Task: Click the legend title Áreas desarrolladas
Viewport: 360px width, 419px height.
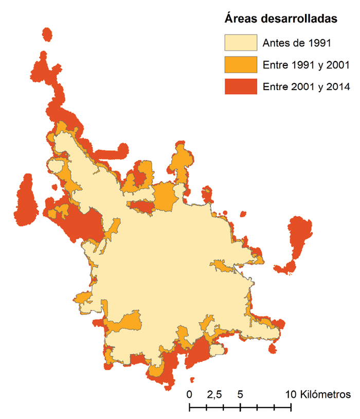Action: tap(281, 19)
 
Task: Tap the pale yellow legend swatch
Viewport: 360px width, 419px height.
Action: tap(240, 42)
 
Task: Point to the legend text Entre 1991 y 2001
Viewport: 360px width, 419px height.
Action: tap(306, 65)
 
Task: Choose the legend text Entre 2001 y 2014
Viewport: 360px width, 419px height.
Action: tap(306, 87)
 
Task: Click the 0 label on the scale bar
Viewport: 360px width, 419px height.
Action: tap(190, 395)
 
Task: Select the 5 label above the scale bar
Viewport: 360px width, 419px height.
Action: tap(240, 395)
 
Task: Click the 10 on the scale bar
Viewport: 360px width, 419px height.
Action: tap(291, 395)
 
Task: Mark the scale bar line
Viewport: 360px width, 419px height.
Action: tap(240, 408)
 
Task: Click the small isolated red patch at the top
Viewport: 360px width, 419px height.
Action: tap(47, 34)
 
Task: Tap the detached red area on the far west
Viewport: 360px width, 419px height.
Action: tap(25, 201)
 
